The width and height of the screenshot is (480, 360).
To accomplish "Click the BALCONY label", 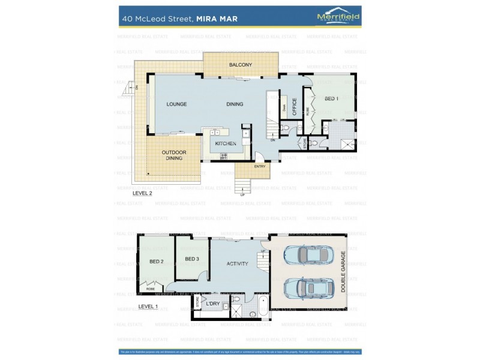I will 240,65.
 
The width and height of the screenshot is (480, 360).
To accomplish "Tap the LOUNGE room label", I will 176,104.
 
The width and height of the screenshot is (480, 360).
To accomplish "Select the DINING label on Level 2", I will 235,104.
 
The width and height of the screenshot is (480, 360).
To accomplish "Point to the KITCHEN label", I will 226,144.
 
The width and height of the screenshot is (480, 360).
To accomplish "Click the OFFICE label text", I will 295,106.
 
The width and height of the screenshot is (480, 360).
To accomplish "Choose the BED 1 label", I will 331,98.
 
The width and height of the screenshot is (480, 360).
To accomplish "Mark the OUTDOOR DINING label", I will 174,155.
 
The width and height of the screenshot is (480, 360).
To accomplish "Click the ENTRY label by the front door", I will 260,166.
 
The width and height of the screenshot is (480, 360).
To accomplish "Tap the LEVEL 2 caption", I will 142,194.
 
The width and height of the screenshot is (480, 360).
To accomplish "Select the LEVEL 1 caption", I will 148,306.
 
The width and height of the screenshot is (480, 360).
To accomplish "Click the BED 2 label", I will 156,262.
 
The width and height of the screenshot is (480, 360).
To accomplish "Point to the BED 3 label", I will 191,259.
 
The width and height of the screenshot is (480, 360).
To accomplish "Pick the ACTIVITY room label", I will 237,263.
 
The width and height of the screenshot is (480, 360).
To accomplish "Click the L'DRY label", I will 213,304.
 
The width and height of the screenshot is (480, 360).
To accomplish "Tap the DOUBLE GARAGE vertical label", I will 344,270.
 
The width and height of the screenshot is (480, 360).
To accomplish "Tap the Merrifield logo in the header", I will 338,17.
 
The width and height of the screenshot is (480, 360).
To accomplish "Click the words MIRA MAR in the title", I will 217,19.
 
